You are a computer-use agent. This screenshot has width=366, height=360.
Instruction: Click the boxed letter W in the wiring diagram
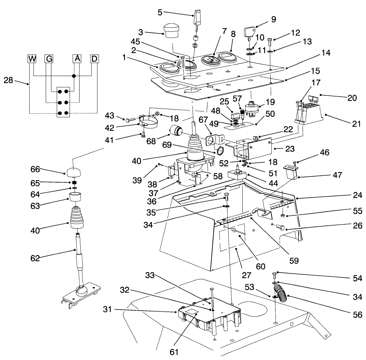32,59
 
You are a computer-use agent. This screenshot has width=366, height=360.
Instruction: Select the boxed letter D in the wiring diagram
94,59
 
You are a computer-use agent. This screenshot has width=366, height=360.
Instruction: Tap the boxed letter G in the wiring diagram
49,59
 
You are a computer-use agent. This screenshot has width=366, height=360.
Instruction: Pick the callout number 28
9,80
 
